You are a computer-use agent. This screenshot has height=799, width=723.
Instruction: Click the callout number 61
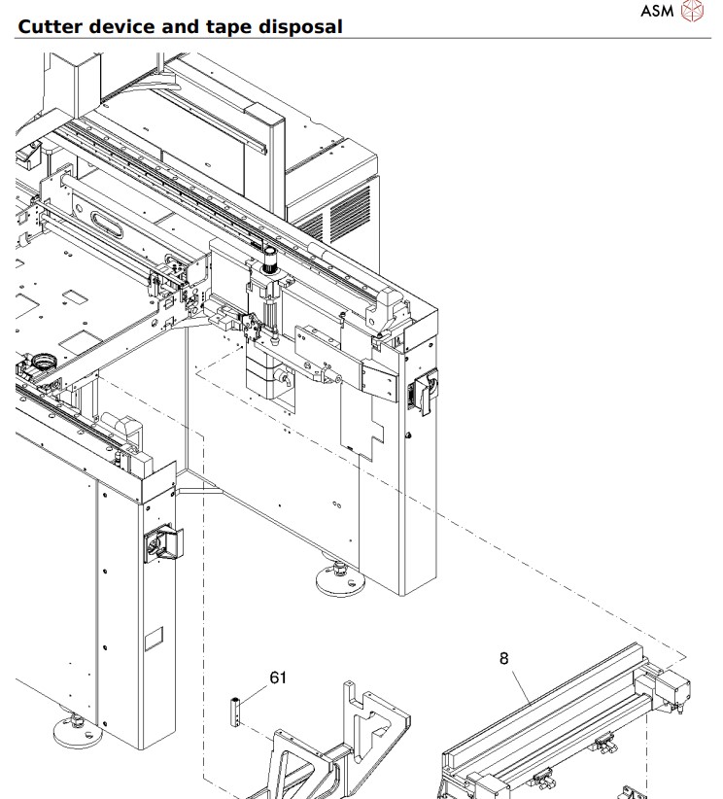click(x=278, y=678)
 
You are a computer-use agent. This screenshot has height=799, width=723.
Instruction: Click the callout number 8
click(x=503, y=659)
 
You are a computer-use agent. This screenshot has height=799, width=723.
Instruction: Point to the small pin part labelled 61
click(x=234, y=715)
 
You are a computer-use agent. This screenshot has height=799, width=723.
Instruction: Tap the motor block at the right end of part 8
click(x=672, y=691)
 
